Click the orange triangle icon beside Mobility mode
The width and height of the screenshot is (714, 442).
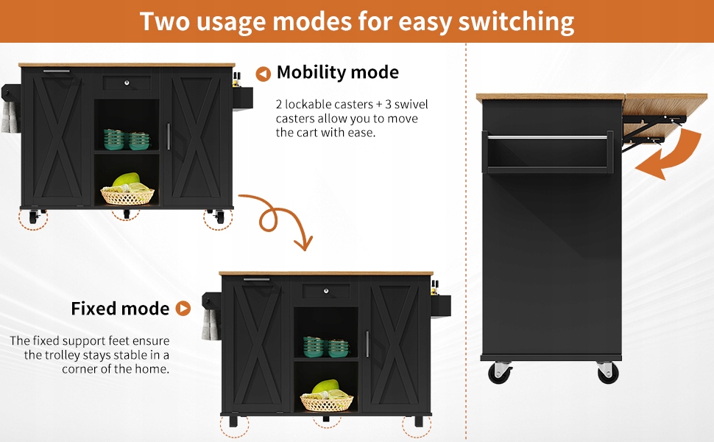point(263,74)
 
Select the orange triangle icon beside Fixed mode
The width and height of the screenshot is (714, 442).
point(183,309)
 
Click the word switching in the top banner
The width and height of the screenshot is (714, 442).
point(515,21)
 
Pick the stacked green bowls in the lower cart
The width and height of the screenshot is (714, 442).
point(328,347)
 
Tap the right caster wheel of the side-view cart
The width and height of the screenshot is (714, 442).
point(608,373)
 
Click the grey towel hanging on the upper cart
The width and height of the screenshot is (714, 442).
point(10,117)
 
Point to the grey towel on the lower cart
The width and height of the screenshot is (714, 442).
point(209,325)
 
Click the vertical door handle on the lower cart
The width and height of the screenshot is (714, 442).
point(367,343)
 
